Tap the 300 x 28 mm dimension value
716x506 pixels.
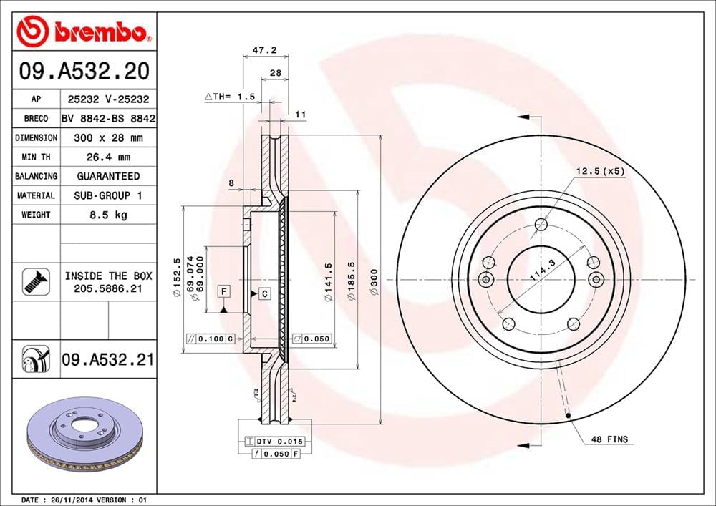pyautogui.click(x=108, y=137)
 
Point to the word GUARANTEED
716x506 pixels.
pyautogui.click(x=108, y=176)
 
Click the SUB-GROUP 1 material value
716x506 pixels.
pyautogui.click(x=108, y=195)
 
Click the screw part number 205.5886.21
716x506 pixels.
pyautogui.click(x=108, y=288)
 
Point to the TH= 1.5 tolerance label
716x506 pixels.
pyautogui.click(x=229, y=95)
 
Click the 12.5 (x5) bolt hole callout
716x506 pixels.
pyautogui.click(x=600, y=171)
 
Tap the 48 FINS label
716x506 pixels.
pyautogui.click(x=607, y=439)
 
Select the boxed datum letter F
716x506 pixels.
pyautogui.click(x=224, y=291)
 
